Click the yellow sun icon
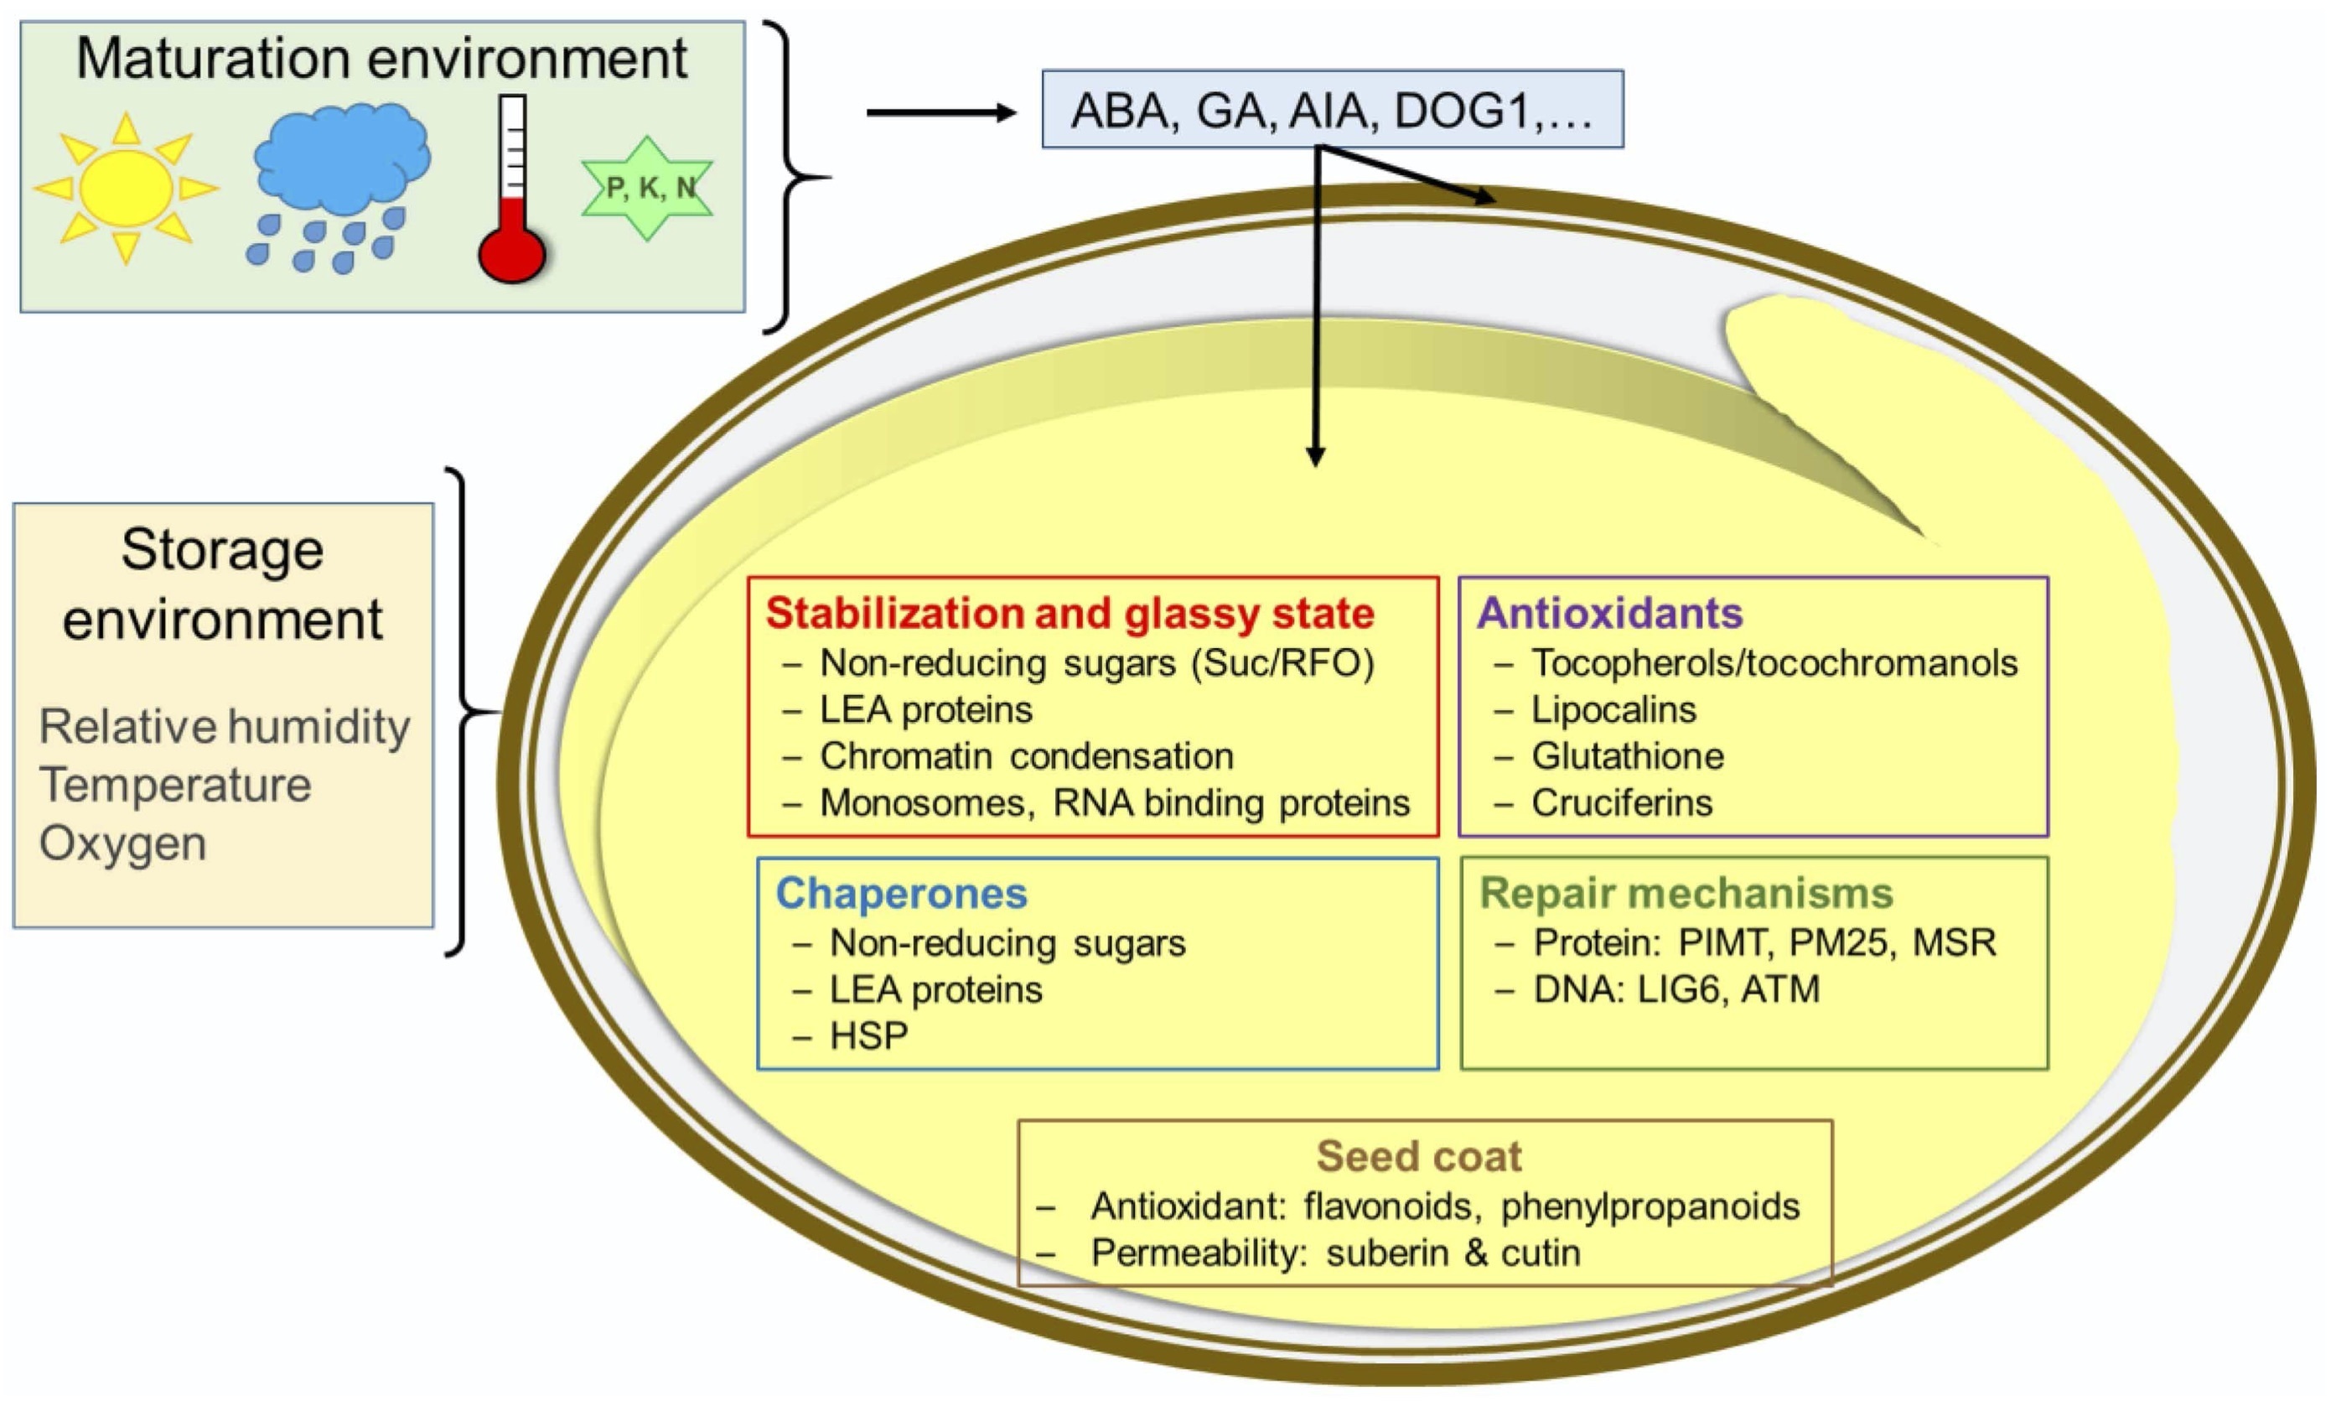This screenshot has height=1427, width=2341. pos(126,188)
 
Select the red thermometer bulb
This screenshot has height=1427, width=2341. pos(512,252)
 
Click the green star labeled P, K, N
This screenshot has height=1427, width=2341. pos(648,188)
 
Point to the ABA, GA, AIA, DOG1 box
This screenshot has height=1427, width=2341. pos(1332,110)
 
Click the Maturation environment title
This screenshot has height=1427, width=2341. pos(381,59)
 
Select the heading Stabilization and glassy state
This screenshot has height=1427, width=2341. pos(1070,614)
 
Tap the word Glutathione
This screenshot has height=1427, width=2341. pos(1627,756)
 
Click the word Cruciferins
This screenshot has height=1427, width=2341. pos(1621,803)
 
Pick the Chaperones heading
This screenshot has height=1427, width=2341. pos(901,894)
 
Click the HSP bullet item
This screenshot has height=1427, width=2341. pos(868,1035)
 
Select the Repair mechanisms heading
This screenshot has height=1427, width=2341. pos(1686,893)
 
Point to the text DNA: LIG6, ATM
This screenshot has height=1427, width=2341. pos(1676,989)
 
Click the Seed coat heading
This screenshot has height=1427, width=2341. pos(1418,1156)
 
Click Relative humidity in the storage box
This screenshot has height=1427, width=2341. pos(225,727)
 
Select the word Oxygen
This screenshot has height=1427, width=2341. pos(122,843)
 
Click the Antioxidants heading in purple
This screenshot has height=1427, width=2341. pos(1609,613)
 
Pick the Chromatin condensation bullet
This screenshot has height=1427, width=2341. pos(1026,756)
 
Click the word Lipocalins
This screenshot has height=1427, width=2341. pos(1613,709)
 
